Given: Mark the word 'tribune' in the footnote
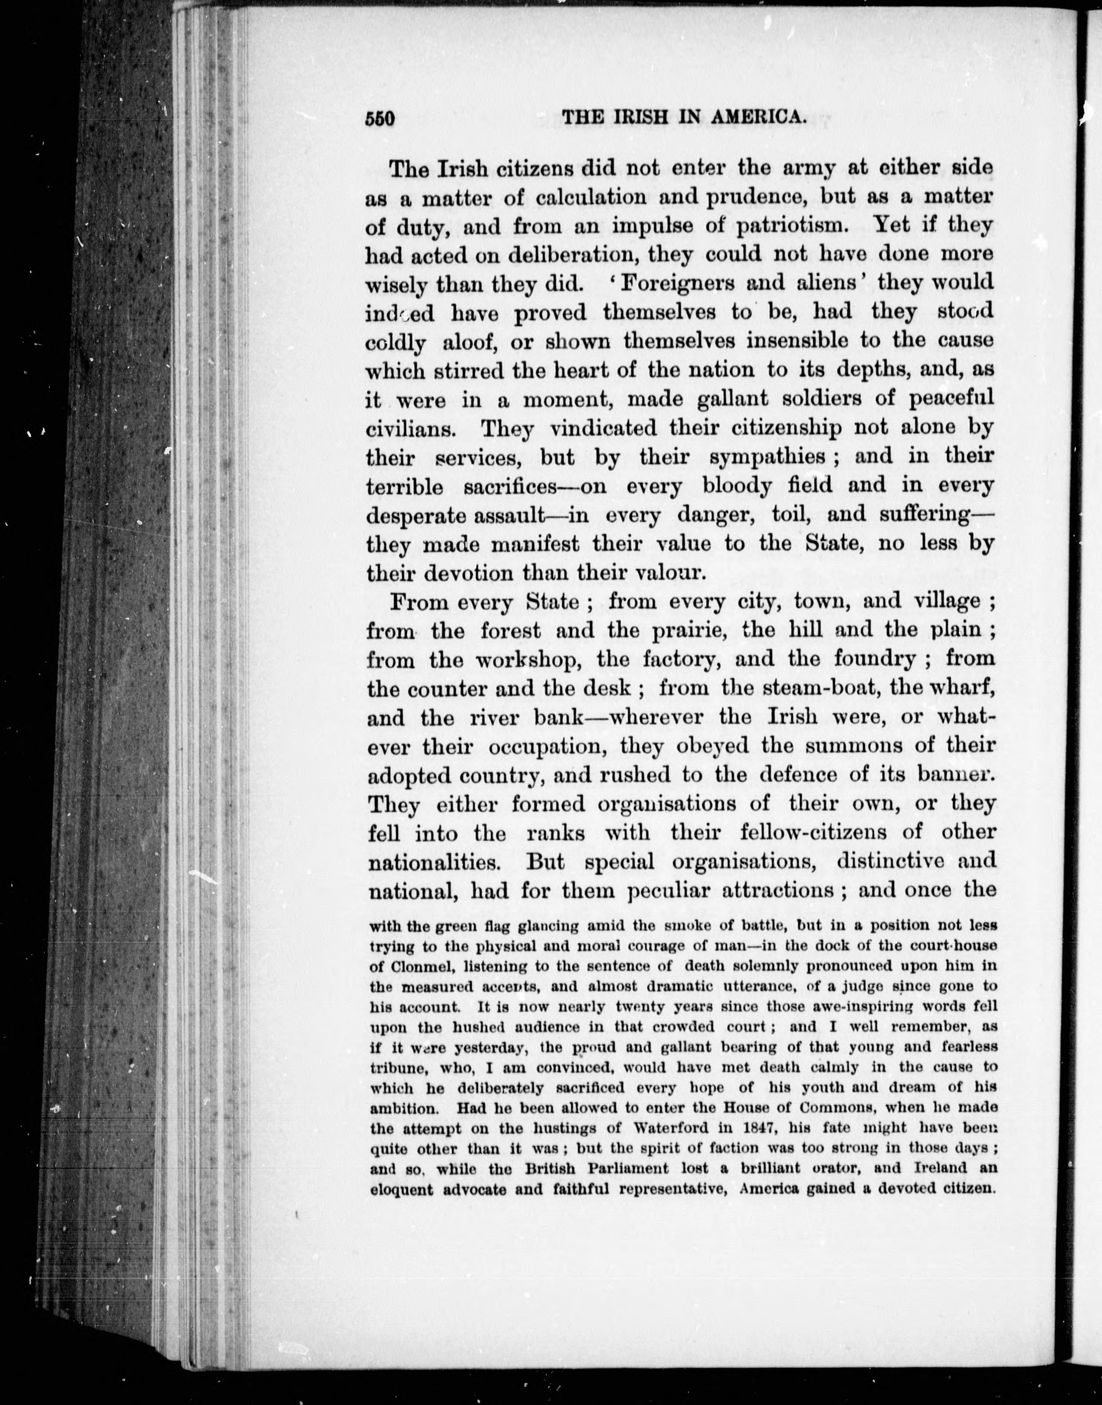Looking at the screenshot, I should tap(397, 1068).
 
